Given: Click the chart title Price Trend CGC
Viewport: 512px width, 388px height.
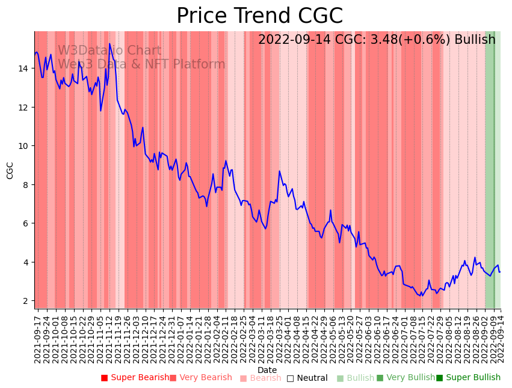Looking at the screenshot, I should (259, 16).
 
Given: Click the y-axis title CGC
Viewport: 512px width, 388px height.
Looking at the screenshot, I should (10, 170).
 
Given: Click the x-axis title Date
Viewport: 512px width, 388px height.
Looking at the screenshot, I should (267, 370).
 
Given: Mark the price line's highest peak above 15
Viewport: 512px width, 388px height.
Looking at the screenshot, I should (109, 44).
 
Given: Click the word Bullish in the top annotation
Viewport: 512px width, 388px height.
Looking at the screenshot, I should (475, 40).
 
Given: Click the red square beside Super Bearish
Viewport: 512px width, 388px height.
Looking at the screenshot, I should (104, 378).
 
